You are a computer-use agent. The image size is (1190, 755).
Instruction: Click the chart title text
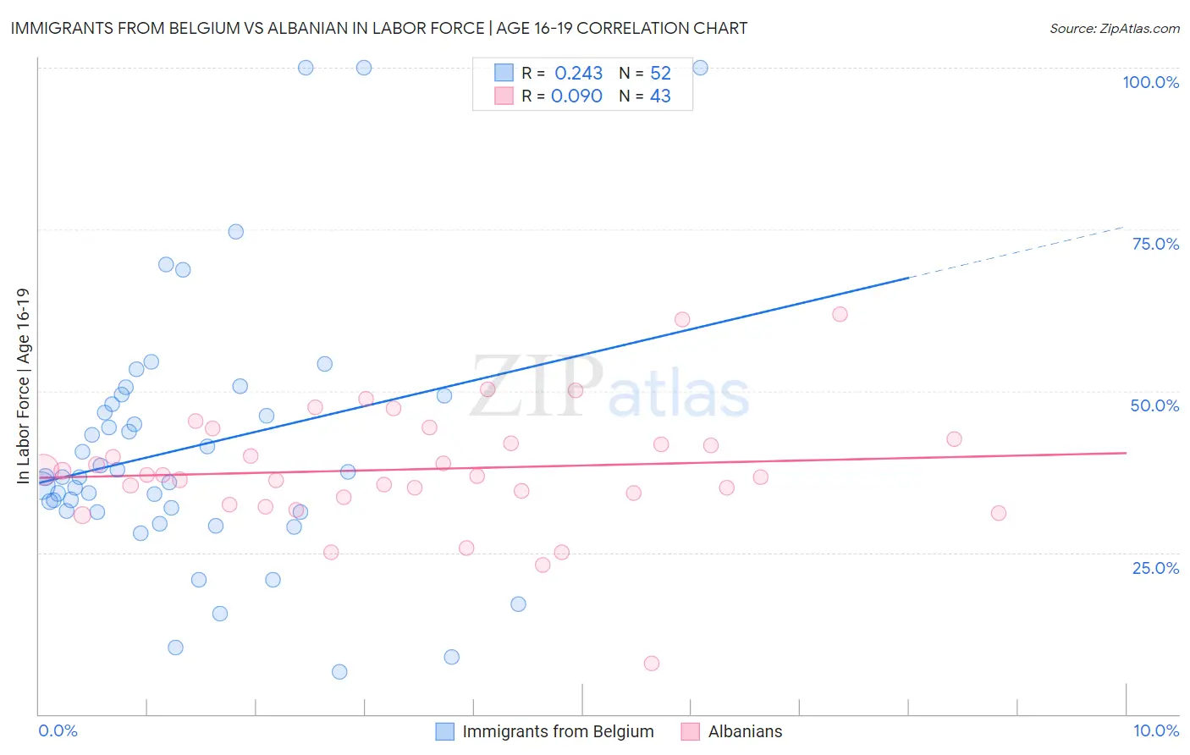click(x=378, y=28)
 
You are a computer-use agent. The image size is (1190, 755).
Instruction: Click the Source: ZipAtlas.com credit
click(x=1114, y=28)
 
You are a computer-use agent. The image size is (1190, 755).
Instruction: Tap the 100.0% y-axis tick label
click(x=1150, y=82)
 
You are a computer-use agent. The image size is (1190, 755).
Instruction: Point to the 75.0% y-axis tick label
click(x=1155, y=244)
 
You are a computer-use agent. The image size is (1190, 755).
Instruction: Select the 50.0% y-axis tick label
click(x=1154, y=405)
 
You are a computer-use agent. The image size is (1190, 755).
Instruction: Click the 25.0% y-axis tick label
click(x=1155, y=567)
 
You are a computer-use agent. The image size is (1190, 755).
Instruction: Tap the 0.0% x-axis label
click(x=58, y=730)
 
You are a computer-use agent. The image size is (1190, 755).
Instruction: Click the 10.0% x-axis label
click(x=1155, y=730)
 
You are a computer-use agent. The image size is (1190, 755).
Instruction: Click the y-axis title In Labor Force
click(x=23, y=386)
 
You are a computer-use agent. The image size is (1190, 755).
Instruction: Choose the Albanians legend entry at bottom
click(x=745, y=731)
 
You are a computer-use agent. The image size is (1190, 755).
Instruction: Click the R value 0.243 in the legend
click(x=578, y=74)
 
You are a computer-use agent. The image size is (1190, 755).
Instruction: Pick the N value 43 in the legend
click(x=660, y=96)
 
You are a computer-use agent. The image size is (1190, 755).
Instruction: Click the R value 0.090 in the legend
click(x=576, y=96)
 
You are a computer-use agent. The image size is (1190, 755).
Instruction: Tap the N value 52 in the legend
click(x=660, y=74)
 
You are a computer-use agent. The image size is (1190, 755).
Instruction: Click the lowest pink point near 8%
click(x=652, y=664)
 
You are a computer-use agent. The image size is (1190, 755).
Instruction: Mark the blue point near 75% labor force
click(x=236, y=232)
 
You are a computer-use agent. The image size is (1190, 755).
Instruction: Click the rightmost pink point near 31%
click(x=999, y=513)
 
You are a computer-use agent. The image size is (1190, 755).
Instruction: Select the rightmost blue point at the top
click(x=700, y=68)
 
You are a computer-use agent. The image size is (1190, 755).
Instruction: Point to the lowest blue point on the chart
click(x=339, y=672)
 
